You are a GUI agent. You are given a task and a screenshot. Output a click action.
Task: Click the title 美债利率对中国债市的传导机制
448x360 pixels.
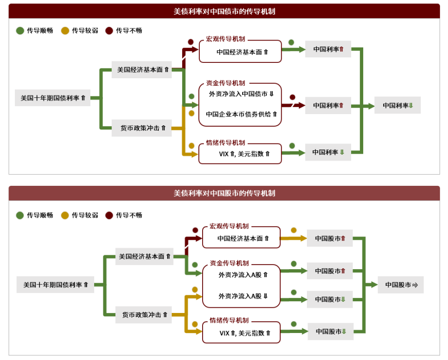point(224,11)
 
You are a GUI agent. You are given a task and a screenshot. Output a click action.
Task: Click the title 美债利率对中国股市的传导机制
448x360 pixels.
point(224,193)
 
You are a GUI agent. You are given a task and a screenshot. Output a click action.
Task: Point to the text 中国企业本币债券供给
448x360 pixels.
point(241,114)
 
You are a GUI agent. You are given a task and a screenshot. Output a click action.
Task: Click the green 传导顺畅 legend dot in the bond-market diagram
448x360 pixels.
point(20,31)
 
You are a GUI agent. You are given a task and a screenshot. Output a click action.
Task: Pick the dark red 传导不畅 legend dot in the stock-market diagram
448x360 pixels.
point(109,215)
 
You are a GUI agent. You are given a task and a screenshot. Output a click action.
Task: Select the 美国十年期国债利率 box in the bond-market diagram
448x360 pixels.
point(53,98)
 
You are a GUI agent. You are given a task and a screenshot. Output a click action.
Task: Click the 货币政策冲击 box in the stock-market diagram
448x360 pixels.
point(144,315)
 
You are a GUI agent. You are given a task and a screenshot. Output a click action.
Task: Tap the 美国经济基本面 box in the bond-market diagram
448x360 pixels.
point(142,69)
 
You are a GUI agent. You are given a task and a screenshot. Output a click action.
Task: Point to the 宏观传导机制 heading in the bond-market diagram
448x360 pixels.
point(225,39)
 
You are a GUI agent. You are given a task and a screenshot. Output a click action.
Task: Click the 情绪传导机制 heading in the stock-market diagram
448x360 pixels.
point(229,320)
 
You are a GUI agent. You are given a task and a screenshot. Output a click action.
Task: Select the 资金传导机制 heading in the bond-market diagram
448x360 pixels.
point(225,83)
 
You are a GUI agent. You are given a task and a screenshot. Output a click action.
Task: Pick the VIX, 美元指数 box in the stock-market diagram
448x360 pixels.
point(242,333)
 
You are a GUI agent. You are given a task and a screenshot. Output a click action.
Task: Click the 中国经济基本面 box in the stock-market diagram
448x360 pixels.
point(242,238)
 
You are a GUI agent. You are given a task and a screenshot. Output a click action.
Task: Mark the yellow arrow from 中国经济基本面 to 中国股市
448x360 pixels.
point(293,238)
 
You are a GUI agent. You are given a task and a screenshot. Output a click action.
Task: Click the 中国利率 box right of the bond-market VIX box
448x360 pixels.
point(328,152)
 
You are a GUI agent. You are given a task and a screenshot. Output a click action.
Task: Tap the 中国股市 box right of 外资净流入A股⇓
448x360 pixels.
point(330,299)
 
